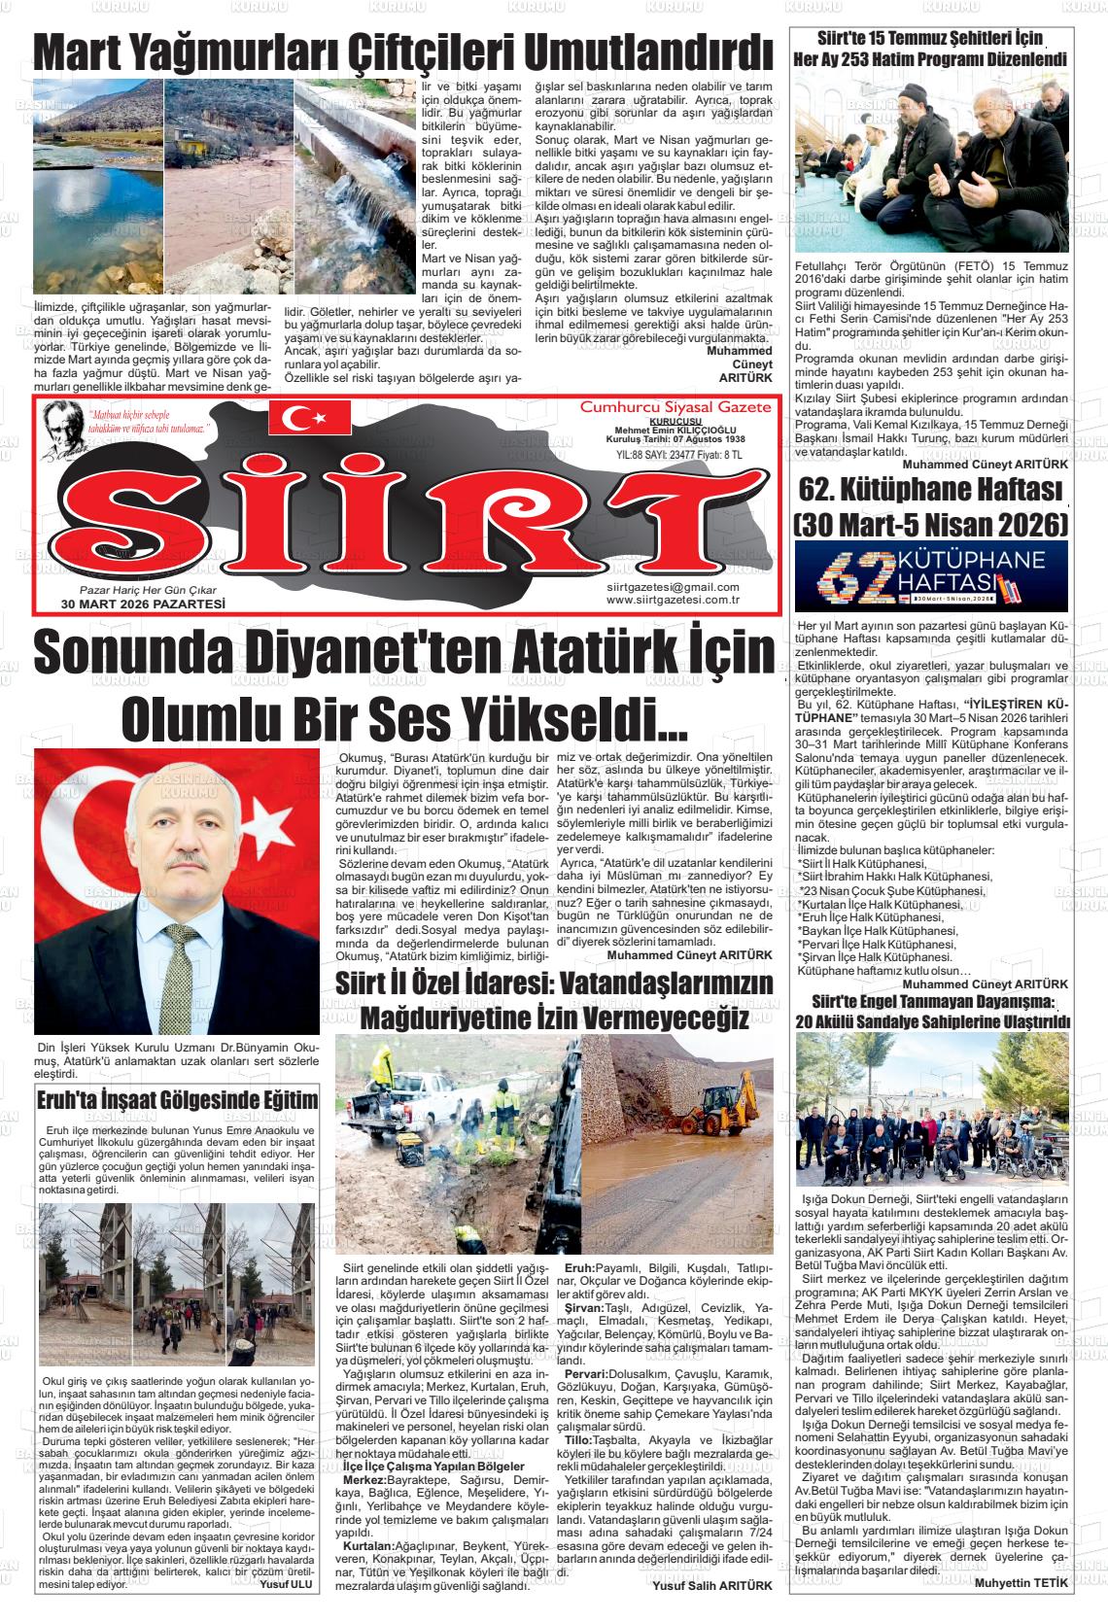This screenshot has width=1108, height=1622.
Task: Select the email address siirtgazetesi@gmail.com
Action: pos(672,587)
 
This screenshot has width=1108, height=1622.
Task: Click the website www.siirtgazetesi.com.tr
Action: pos(673,600)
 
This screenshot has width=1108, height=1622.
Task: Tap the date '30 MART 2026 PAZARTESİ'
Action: pos(143,604)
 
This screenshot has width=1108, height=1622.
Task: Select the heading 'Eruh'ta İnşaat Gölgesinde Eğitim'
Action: pos(177,1100)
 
